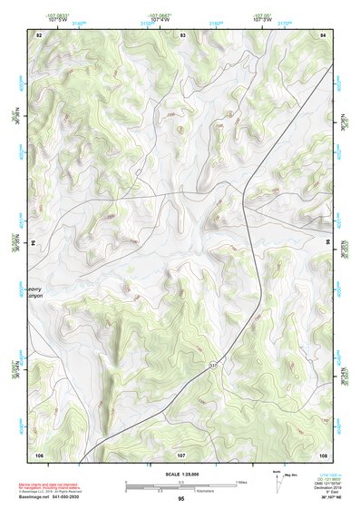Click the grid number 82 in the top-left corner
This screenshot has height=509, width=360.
(39, 34)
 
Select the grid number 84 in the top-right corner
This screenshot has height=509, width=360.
(323, 34)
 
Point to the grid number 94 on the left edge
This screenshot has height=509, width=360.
(38, 243)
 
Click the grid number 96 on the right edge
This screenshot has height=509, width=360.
(326, 243)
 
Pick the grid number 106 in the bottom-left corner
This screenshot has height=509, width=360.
(39, 453)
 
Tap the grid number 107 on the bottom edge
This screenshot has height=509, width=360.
(180, 453)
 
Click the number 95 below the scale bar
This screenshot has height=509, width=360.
(181, 500)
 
